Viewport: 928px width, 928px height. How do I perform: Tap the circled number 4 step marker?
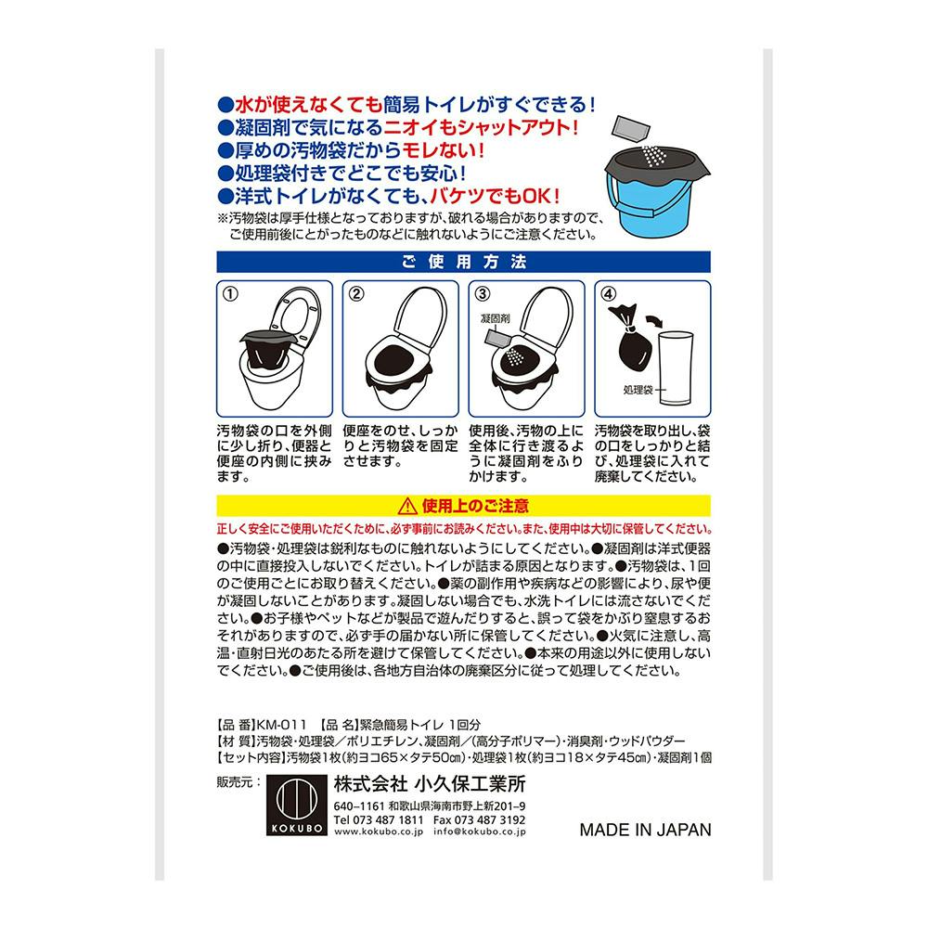coord(608,294)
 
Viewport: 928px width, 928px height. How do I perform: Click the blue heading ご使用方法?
coord(463,262)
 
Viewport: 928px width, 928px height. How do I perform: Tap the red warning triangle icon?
coord(405,506)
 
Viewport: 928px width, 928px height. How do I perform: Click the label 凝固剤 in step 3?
coord(495,319)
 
